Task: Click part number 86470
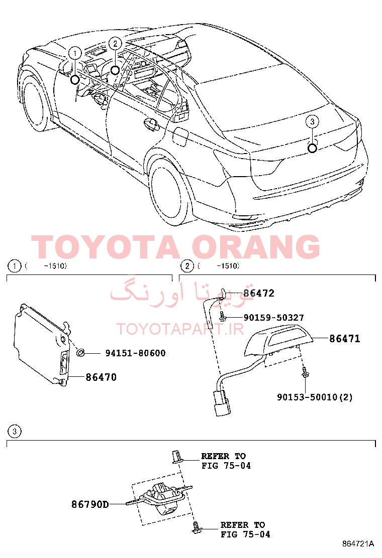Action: click(101, 377)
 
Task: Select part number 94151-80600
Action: click(135, 353)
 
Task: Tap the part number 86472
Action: click(259, 293)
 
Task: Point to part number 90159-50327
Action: click(273, 318)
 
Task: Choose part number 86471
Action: click(345, 338)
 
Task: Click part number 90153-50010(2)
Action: click(315, 397)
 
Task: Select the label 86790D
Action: click(90, 504)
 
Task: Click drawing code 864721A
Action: click(358, 543)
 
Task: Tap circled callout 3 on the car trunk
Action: click(312, 122)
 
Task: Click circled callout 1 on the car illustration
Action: click(75, 53)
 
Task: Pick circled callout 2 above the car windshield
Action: click(115, 44)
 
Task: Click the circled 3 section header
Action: click(14, 432)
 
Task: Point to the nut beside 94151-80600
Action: click(81, 353)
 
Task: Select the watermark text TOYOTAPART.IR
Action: click(180, 329)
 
